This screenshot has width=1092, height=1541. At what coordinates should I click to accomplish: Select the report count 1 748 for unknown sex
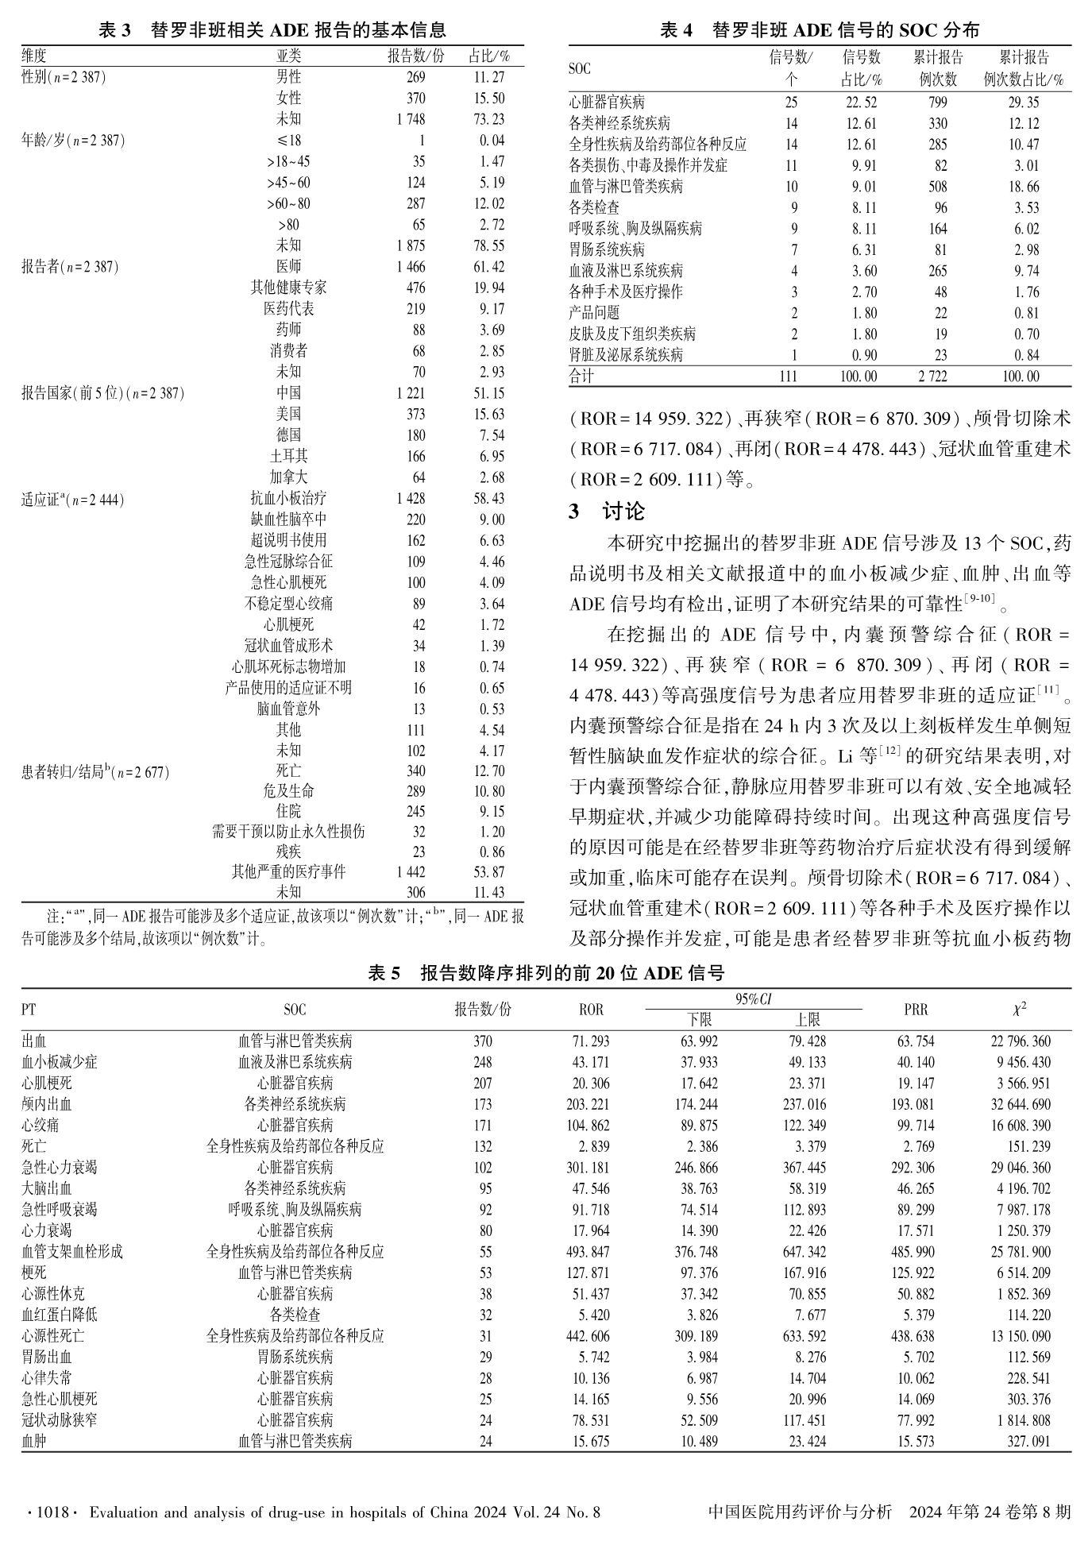click(x=411, y=119)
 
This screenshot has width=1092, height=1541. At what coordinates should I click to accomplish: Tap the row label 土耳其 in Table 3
click(x=288, y=456)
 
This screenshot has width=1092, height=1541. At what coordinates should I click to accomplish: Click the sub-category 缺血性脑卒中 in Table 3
click(x=288, y=519)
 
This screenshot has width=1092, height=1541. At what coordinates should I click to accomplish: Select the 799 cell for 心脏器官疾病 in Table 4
click(x=937, y=102)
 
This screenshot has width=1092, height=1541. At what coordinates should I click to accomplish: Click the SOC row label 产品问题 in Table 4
click(x=594, y=313)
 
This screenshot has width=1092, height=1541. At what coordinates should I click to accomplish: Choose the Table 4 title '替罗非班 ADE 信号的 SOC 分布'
click(x=846, y=30)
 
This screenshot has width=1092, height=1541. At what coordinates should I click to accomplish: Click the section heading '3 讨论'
click(x=607, y=511)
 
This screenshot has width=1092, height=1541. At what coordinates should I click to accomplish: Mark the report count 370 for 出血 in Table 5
click(x=482, y=1041)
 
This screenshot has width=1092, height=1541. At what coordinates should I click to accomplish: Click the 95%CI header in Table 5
click(x=753, y=999)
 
